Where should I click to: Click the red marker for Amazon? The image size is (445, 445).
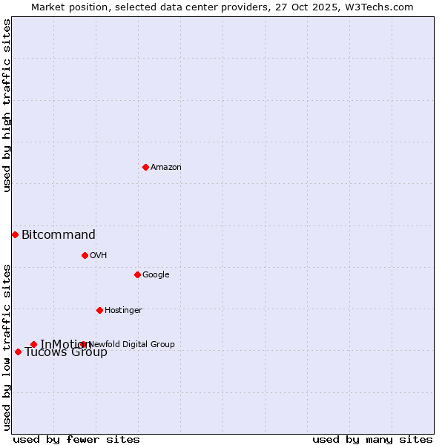[145, 167]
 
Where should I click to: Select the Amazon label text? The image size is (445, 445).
[166, 168]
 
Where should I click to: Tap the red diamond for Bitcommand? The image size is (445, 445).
[15, 234]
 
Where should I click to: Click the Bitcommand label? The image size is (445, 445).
[59, 235]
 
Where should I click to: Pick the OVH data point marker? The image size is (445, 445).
[85, 255]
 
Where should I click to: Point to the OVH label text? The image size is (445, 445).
[99, 256]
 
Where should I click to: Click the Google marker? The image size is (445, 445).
[137, 274]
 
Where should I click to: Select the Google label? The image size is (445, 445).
[156, 275]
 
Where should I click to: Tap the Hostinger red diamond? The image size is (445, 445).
[99, 310]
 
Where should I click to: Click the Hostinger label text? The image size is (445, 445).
[123, 311]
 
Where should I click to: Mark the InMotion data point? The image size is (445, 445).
[33, 344]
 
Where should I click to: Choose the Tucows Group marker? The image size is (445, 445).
[18, 352]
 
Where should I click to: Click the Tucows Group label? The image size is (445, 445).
[66, 352]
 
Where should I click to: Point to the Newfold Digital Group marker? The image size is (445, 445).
[82, 344]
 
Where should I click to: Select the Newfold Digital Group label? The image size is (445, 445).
[132, 344]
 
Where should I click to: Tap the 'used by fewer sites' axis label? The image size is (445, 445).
[76, 440]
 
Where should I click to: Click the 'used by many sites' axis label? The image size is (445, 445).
[372, 440]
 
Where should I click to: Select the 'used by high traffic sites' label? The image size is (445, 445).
[7, 106]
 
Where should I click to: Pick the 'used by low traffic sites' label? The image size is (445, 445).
[7, 347]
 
